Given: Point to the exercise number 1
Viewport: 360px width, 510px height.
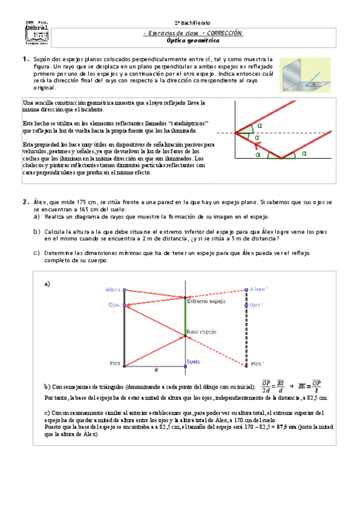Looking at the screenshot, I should coord(25,59).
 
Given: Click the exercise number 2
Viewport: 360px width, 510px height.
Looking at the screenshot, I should coord(25,203).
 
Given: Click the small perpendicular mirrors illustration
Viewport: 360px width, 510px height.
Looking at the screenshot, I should coord(307,75).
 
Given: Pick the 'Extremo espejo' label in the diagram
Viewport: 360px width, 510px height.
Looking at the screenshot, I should coord(205,301).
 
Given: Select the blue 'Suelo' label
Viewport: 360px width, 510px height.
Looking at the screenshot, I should coord(192,361).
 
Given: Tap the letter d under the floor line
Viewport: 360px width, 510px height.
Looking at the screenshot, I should coord(156,369).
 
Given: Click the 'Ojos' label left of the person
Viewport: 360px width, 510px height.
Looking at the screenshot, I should coord(115,306).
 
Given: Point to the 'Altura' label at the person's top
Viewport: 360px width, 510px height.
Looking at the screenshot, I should coord(112,289).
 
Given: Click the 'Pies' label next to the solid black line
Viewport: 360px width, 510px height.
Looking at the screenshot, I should coord(115,363).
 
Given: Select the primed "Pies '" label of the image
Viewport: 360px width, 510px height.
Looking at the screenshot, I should coord(257,363).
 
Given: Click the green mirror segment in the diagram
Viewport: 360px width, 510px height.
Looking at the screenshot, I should coord(186,316).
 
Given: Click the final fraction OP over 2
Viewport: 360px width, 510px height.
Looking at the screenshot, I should coord(317,386).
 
